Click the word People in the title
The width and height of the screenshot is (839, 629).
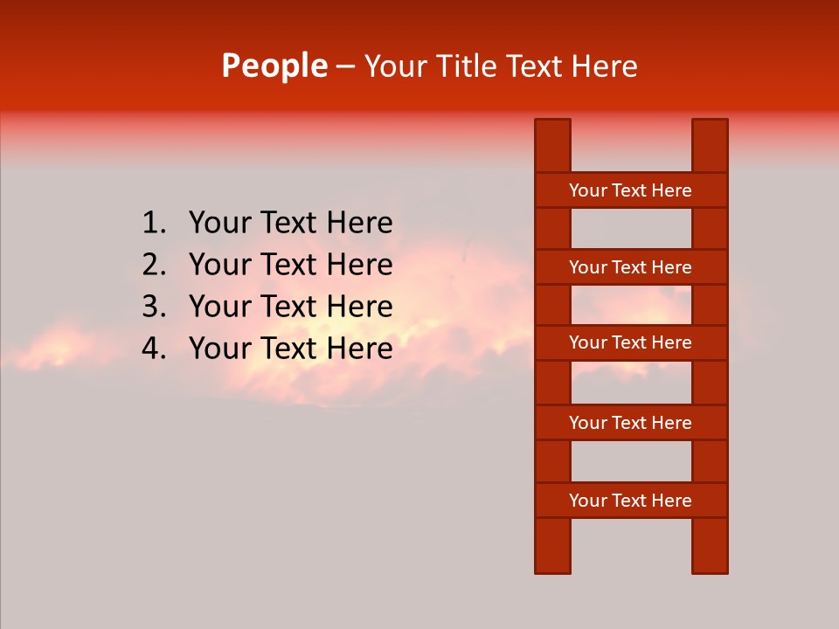coord(274,66)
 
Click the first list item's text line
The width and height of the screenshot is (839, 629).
coord(290,224)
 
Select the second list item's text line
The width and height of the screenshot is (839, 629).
coord(290,266)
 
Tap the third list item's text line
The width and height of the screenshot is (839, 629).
coord(290,308)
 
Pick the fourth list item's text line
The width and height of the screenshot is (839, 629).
coord(290,349)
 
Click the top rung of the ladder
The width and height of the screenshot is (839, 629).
coord(630,190)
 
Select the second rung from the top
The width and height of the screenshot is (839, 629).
coord(630,267)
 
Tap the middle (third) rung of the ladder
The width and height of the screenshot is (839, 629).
coord(630,343)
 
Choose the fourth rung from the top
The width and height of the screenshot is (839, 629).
coord(630,423)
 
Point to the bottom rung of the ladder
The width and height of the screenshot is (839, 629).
coord(630,501)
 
